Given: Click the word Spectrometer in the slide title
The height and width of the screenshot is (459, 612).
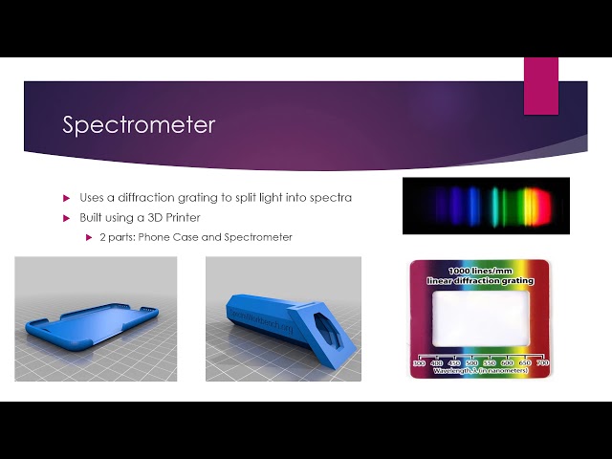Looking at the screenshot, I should point(139,125).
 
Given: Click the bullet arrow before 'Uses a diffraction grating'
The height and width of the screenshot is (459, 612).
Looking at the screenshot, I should point(67,198).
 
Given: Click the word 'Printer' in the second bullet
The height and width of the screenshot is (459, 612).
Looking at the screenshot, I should point(193,218).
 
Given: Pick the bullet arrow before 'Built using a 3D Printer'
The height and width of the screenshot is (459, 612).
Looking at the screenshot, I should point(67,218).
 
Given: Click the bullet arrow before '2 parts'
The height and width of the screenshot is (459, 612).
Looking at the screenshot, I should point(89,237).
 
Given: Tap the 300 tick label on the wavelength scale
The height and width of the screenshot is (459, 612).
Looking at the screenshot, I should point(418,363).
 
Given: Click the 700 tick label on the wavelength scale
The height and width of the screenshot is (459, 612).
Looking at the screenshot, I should point(543,363).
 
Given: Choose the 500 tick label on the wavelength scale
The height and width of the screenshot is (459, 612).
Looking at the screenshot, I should point(472,363).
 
